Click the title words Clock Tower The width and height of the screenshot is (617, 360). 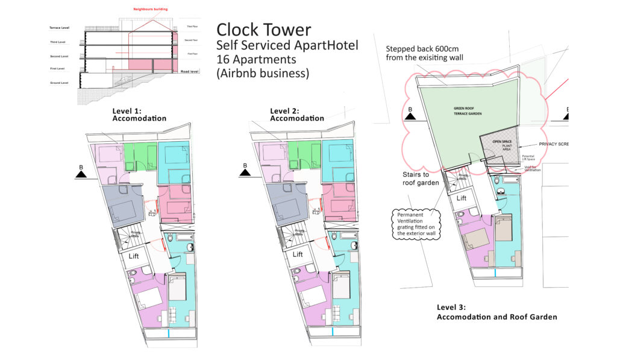(263, 30)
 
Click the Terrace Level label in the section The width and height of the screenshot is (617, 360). (59, 28)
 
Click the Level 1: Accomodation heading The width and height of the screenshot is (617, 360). (139, 115)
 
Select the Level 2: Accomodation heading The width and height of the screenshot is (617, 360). (297, 115)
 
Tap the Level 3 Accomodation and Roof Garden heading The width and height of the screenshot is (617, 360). (496, 312)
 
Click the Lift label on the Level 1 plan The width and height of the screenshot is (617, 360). (133, 256)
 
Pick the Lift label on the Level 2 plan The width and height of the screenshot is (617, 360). (297, 254)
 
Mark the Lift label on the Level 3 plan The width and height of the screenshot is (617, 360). (461, 198)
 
